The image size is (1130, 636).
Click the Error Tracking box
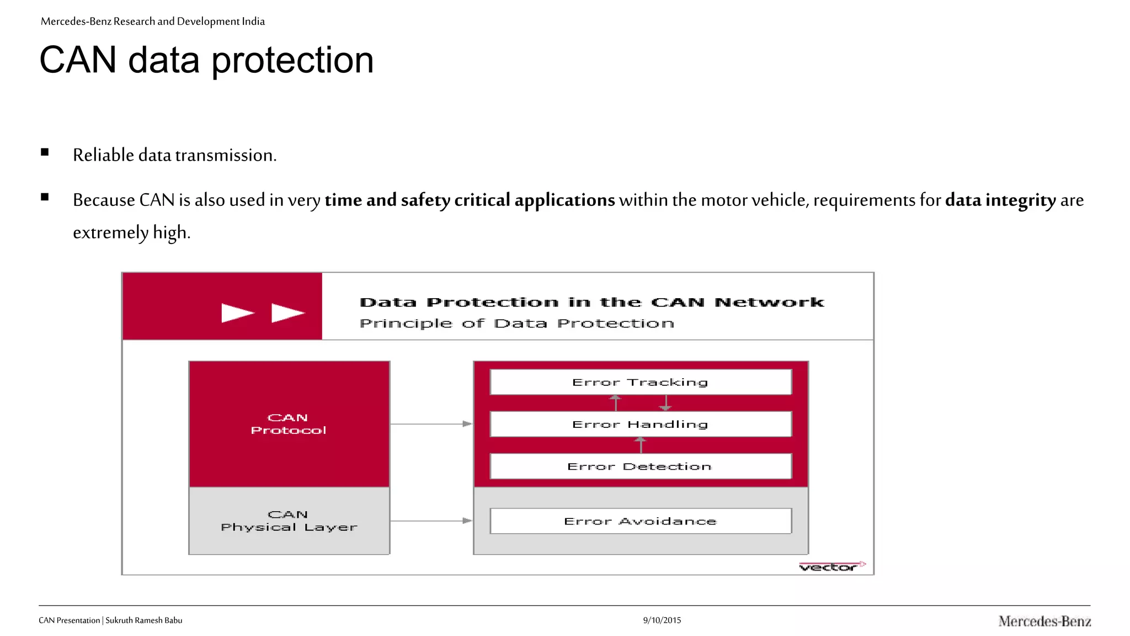(640, 382)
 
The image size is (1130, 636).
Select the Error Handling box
(640, 424)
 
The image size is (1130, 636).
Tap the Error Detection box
(640, 467)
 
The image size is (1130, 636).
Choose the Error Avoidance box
(640, 521)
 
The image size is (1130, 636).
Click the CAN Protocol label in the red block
(289, 424)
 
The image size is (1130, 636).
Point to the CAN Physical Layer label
(289, 521)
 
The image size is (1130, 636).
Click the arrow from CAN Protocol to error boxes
(431, 424)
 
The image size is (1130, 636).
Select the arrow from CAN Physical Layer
(431, 521)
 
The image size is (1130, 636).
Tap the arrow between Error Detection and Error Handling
(640, 445)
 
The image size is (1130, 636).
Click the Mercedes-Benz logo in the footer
(1044, 621)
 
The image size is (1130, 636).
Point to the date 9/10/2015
(662, 620)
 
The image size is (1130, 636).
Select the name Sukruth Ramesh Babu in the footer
(143, 620)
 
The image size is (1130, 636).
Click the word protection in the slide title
(292, 61)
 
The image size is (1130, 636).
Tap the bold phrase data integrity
(1000, 200)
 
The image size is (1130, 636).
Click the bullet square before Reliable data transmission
(45, 152)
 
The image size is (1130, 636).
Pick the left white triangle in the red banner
(237, 313)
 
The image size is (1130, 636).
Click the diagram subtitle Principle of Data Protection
(516, 324)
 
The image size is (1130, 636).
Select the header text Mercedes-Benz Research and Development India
(153, 22)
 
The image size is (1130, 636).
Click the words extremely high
(131, 232)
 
